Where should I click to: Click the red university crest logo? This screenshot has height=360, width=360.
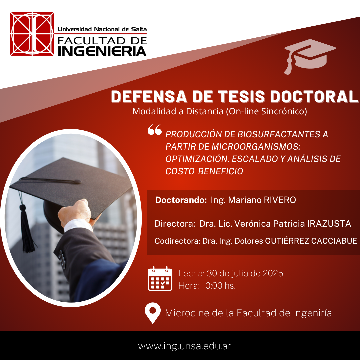[x=32, y=34]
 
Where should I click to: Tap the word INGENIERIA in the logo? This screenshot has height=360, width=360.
[x=102, y=51]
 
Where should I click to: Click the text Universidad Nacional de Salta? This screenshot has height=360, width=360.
[x=102, y=29]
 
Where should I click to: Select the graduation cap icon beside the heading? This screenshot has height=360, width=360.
[x=309, y=56]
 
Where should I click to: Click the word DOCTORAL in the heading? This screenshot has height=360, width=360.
[x=314, y=97]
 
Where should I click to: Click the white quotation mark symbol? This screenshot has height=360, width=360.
[x=155, y=129]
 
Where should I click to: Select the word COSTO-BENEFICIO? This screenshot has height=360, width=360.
[x=204, y=171]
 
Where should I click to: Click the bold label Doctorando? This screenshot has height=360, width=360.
[x=181, y=200]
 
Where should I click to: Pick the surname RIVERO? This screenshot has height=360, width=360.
[x=280, y=200]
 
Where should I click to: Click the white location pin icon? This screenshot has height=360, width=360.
[x=153, y=313]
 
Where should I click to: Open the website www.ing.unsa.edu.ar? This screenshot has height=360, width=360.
[x=185, y=346]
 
